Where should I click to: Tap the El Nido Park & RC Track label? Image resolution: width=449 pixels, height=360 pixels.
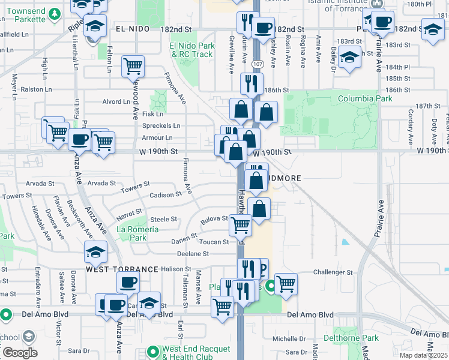tap(191, 50)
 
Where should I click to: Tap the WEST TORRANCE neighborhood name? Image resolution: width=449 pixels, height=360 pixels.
tap(122, 269)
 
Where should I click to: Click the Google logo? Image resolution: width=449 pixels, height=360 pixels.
tap(20, 353)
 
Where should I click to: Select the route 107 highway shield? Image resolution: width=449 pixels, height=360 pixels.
tap(257, 64)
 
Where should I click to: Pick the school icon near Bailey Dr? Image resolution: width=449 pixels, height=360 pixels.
tap(349, 58)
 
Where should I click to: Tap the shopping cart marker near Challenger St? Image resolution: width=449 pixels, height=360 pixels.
tap(286, 283)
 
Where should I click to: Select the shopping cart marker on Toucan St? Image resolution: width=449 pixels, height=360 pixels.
tap(241, 225)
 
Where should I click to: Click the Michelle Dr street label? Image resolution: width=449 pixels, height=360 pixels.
tap(289, 338)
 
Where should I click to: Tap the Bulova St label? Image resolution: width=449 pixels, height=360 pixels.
tap(214, 220)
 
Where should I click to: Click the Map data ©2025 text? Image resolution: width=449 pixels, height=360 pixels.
tap(423, 355)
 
